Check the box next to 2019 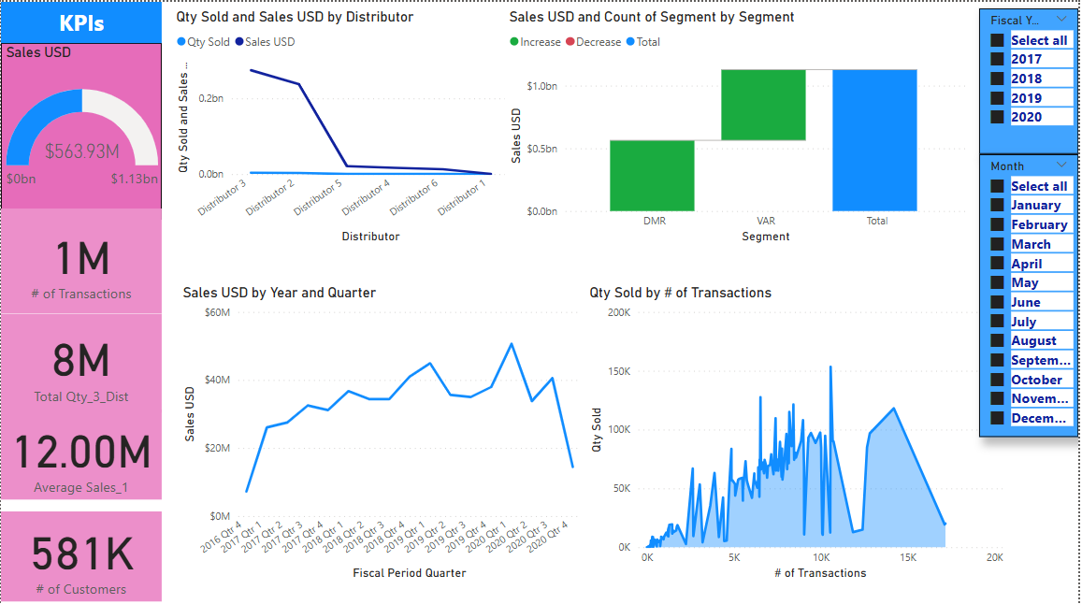click(x=997, y=98)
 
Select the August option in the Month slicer click(x=1033, y=341)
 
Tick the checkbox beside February click(x=997, y=225)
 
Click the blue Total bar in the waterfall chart click(x=877, y=140)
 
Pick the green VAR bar click(x=763, y=105)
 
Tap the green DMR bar click(x=652, y=176)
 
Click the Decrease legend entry click(x=598, y=42)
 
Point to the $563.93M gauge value click(x=82, y=151)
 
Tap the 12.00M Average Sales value click(x=82, y=453)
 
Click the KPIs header click(x=81, y=23)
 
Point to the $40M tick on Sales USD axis click(x=217, y=380)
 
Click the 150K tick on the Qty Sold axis click(x=619, y=371)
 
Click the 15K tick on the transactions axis click(x=908, y=557)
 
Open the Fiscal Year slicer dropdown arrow click(x=1060, y=20)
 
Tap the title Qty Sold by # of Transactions click(x=680, y=293)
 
